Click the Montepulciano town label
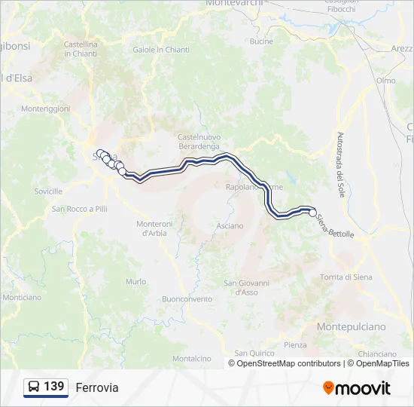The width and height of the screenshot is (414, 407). pos(351,326)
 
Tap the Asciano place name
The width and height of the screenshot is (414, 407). pos(230,225)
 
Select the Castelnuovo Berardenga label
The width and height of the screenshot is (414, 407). pos(198,141)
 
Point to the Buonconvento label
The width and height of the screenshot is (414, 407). pos(187,298)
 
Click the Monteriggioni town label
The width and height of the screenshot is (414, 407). pos(45,109)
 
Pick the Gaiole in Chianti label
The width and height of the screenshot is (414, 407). pos(161,50)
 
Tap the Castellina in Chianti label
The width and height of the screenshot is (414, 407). pos(81,49)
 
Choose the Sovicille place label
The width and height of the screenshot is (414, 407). pos(48,191)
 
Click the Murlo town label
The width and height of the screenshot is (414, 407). pos(136,281)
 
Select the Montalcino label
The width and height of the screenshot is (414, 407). pos(190,359)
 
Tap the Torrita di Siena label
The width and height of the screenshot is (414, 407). pos(346,277)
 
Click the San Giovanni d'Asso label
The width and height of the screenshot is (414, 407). pos(241,287)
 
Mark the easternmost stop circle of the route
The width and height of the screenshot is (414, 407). pos(313,213)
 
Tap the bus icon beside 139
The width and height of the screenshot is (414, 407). pos(34,387)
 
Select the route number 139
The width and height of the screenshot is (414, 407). pos(54,387)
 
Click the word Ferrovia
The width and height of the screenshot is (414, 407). pos(97,387)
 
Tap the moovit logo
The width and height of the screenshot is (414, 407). pos(357,387)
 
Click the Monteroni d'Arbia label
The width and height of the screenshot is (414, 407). pos(155,228)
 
